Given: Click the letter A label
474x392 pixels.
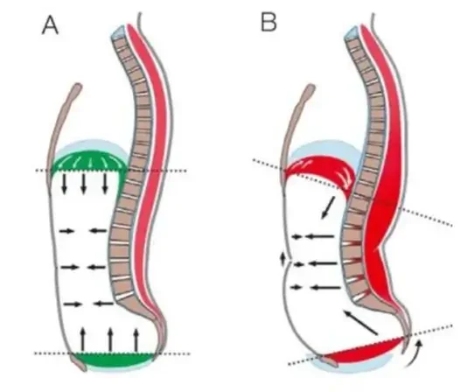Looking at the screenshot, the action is tap(50, 25).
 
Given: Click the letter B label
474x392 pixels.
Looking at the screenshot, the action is tap(268, 22).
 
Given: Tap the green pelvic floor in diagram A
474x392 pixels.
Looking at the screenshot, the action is tap(115, 360).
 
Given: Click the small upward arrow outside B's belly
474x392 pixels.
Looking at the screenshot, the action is tap(283, 260).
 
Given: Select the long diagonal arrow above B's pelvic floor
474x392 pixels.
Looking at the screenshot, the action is tap(360, 322).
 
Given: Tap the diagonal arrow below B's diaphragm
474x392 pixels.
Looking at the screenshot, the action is tap(328, 207).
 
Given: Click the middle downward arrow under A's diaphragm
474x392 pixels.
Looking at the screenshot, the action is tap(84, 183).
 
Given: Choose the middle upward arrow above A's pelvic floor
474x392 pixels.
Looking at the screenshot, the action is tap(110, 339).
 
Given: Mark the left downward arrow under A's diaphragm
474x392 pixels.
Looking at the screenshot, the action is tap(64, 183).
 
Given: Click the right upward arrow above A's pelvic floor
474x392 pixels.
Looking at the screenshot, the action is tap(136, 340).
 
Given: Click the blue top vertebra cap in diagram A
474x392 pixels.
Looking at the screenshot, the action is tap(118, 31).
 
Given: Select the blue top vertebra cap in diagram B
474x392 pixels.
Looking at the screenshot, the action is tap(352, 32).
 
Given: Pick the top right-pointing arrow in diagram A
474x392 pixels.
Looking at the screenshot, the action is tap(66, 231).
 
